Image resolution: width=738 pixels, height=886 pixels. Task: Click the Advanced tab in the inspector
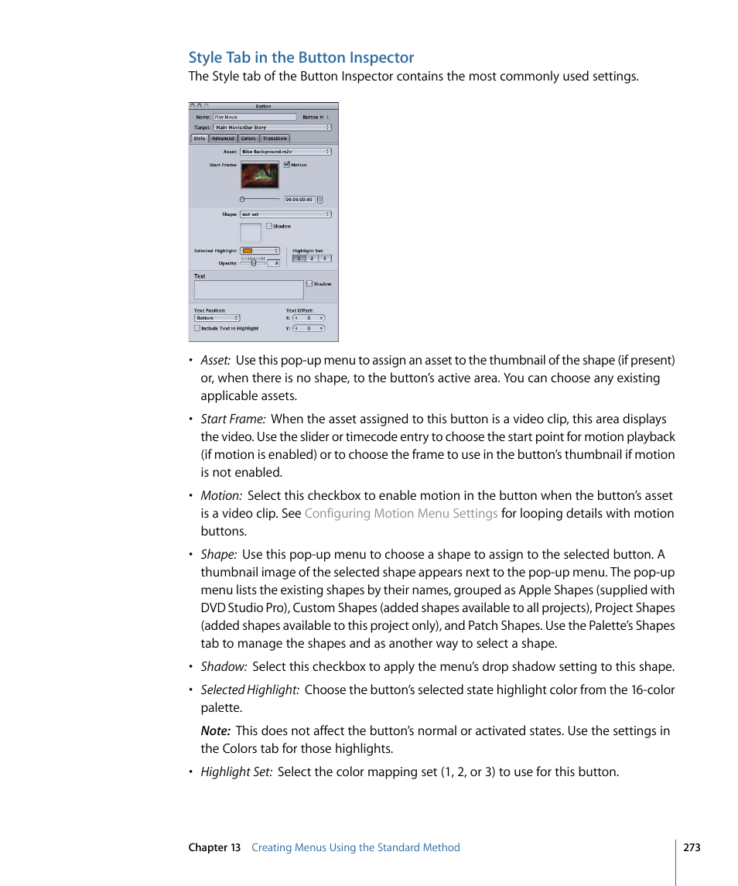tap(223, 139)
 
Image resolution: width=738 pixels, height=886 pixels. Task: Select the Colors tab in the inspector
tap(248, 139)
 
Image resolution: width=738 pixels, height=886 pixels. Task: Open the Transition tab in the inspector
tap(275, 139)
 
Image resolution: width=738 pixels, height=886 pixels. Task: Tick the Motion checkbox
tap(287, 165)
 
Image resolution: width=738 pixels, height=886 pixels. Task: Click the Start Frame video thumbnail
tap(259, 176)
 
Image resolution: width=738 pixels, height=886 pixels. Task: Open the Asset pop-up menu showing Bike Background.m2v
tap(285, 152)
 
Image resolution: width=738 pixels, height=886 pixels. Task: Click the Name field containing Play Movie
tap(255, 118)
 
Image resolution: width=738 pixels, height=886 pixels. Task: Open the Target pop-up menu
tap(273, 127)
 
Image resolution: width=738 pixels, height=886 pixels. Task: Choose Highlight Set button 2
tap(312, 258)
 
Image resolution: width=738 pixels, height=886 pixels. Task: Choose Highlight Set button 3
tap(325, 258)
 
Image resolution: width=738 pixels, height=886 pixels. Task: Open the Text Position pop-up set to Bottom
tap(217, 318)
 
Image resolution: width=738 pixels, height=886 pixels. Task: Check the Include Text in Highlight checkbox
tap(196, 328)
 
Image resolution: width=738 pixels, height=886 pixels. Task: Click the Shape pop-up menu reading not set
tap(285, 214)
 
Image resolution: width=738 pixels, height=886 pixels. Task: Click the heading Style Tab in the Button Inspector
tap(301, 57)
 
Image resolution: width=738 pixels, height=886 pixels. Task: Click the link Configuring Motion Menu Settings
tap(401, 514)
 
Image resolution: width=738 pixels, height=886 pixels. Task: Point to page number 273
tap(692, 847)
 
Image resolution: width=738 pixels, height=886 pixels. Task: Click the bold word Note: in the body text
tap(216, 731)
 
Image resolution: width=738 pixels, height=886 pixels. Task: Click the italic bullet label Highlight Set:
tap(236, 772)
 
